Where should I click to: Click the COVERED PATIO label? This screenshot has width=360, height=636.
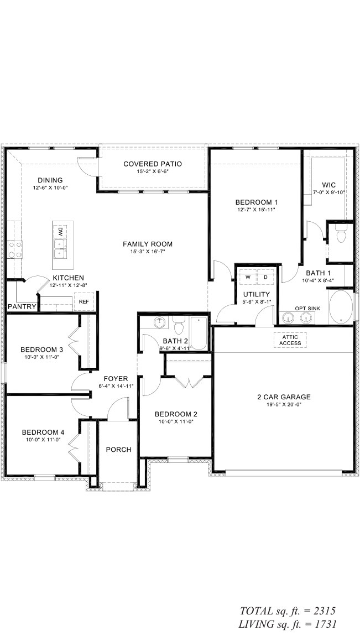click(x=153, y=164)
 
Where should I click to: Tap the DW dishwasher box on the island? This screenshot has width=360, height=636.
click(x=60, y=232)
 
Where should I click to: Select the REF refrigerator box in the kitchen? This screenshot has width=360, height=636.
click(x=84, y=302)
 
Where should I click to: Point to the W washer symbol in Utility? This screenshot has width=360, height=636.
click(x=247, y=278)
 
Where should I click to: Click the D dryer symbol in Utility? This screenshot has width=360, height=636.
click(x=265, y=278)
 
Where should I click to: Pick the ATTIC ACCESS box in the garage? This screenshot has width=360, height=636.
click(x=290, y=340)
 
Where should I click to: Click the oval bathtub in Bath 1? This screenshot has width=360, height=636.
click(x=341, y=306)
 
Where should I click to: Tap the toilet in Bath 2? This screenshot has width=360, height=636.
click(x=179, y=325)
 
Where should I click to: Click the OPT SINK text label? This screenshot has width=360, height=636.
click(x=307, y=309)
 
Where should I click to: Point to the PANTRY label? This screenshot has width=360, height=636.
click(x=22, y=306)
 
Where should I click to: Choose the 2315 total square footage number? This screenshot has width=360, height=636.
click(x=325, y=611)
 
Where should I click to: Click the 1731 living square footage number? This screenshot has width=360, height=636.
click(x=325, y=624)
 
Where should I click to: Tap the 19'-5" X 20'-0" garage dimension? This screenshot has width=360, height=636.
click(x=284, y=404)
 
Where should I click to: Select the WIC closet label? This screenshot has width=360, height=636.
click(x=329, y=185)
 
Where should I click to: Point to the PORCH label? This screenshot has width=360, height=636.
click(x=118, y=450)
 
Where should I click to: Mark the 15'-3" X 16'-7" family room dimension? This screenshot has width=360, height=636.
click(x=148, y=251)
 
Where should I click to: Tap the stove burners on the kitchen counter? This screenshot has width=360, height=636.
click(x=14, y=249)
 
